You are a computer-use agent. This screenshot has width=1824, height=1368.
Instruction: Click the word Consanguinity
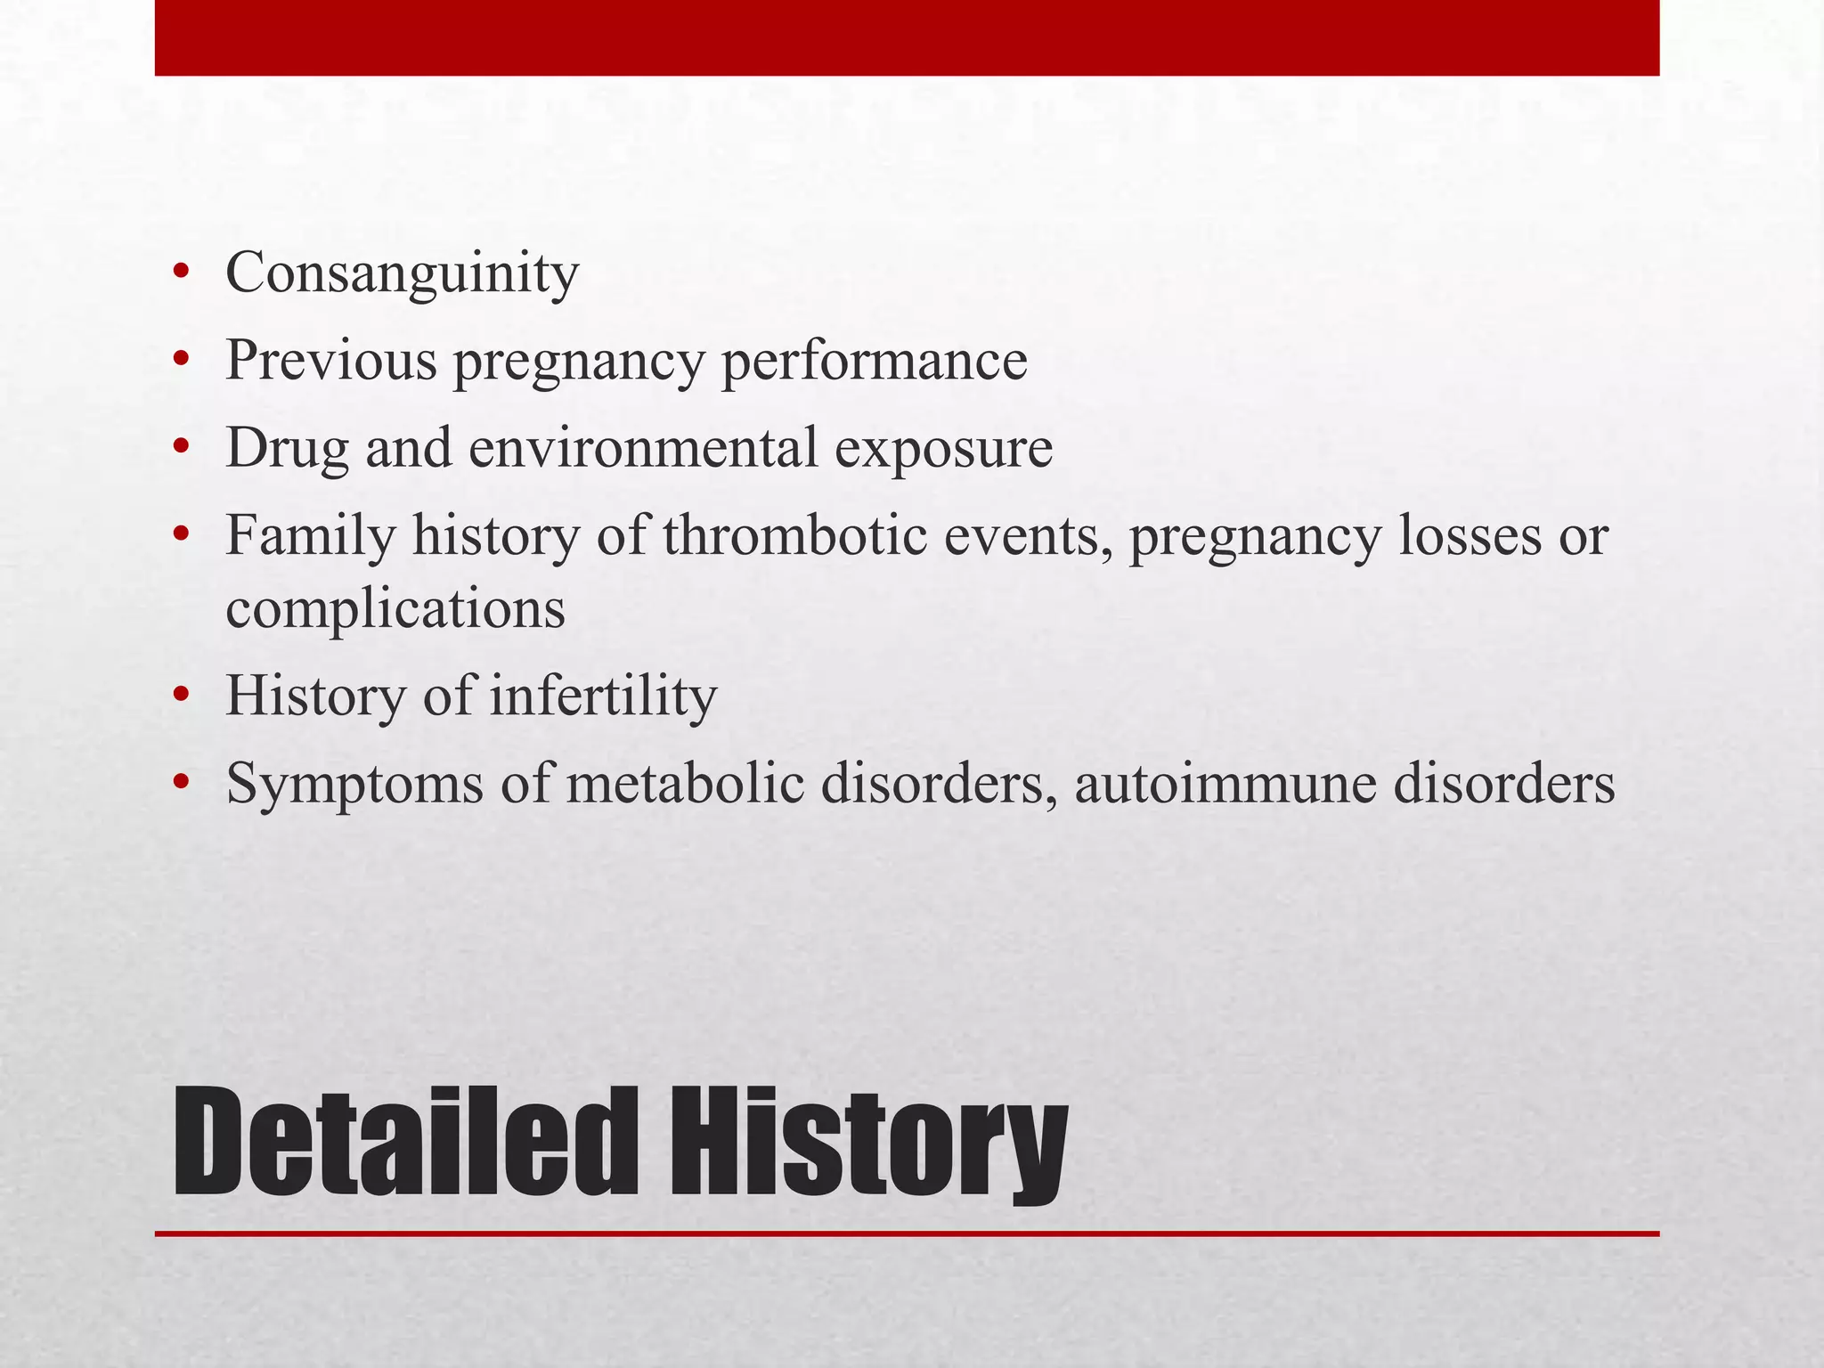(x=402, y=274)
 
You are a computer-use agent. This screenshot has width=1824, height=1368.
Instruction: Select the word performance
(x=874, y=361)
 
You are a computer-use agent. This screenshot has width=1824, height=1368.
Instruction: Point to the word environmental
(x=642, y=448)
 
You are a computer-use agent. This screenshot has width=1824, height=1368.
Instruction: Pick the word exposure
(x=943, y=448)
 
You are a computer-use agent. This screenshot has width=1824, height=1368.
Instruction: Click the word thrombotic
(x=795, y=536)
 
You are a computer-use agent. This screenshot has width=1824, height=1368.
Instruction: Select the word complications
(x=395, y=609)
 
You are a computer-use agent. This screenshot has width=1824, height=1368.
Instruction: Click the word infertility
(x=603, y=696)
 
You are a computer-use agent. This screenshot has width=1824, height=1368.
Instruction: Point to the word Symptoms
(x=354, y=785)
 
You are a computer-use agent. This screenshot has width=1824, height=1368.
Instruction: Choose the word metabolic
(x=684, y=785)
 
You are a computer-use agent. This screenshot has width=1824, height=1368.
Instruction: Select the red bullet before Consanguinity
(x=182, y=274)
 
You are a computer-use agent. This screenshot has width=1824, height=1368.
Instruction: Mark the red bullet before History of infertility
(x=182, y=696)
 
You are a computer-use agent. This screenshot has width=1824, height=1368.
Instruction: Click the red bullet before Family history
(x=182, y=536)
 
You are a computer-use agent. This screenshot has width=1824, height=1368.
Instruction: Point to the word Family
(x=310, y=536)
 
